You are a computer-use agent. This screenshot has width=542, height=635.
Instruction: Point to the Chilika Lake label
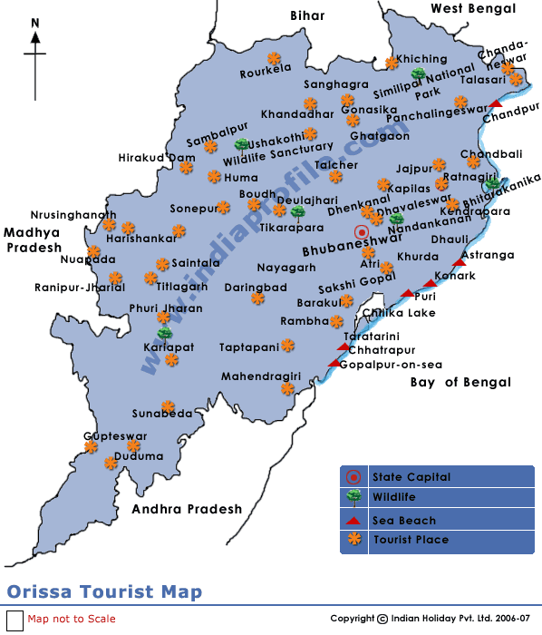pos(399,313)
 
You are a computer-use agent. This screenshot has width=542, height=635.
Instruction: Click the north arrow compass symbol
pos(35,50)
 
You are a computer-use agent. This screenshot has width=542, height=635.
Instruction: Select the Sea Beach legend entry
pos(403,520)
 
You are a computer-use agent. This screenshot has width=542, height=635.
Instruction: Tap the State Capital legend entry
pos(411,477)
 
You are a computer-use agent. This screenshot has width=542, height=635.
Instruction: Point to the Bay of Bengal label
pos(460,382)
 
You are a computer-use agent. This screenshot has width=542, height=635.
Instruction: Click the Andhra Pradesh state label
pos(187,509)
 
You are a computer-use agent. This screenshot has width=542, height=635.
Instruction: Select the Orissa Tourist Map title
pos(104,592)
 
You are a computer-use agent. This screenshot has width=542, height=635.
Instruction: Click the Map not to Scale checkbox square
pos(15,620)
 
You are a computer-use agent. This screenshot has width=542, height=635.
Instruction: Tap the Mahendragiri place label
pos(261,376)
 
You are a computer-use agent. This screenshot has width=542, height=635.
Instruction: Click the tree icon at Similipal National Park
pos(418,73)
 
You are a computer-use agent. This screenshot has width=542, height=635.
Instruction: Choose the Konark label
pos(455,276)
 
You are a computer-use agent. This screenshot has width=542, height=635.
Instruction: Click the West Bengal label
pos(472,8)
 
